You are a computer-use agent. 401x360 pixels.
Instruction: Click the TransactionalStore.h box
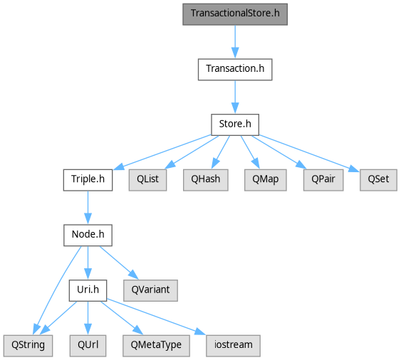coord(235,14)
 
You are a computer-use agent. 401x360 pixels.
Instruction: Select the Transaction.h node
coord(235,70)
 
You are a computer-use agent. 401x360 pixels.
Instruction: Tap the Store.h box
coord(235,125)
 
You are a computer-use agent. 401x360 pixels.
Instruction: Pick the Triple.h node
coord(88,180)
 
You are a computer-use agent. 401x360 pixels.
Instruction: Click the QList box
coord(148,180)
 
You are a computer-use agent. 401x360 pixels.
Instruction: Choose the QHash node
coord(206,180)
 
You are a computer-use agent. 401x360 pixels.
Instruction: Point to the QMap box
coord(266,180)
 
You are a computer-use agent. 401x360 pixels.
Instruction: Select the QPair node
coord(323,180)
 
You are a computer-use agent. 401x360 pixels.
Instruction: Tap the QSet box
coord(378,180)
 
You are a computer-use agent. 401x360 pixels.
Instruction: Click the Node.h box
coord(88,235)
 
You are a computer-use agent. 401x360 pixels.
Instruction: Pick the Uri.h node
coord(88,290)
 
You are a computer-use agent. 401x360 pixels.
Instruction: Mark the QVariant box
coord(150,290)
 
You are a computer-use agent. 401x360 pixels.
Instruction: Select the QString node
coord(28,346)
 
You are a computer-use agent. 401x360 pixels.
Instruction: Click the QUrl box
coord(88,346)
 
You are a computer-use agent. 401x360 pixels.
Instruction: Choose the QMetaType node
coord(156,346)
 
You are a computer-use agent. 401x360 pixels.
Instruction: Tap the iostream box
coord(233,346)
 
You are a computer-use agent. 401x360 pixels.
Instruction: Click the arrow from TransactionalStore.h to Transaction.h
coord(235,42)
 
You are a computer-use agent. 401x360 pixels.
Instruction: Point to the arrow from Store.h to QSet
coord(309,153)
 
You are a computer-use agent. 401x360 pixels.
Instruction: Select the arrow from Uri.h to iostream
coord(156,317)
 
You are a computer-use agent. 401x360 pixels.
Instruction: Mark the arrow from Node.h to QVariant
coord(119,263)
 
